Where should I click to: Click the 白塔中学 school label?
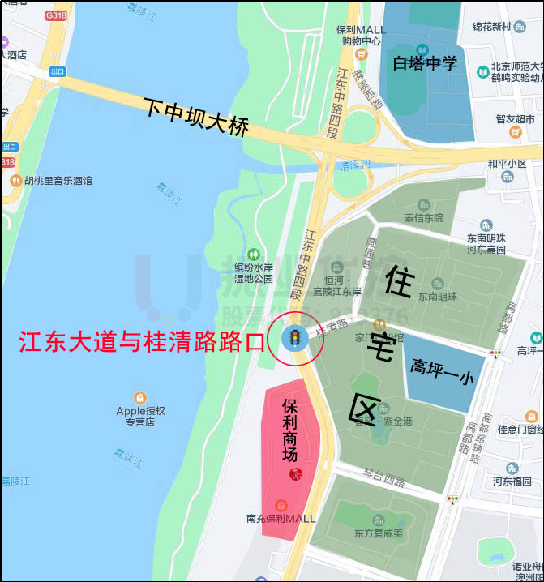tap(425, 63)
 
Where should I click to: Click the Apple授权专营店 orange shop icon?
tap(140, 398)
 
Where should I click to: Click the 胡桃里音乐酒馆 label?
tap(58, 181)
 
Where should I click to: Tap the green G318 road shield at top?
tap(56, 15)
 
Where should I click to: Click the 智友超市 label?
tap(516, 119)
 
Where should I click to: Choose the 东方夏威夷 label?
tap(378, 533)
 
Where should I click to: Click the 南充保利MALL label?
tap(281, 519)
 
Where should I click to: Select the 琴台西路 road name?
tap(383, 480)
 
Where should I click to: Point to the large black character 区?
tap(364, 409)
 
